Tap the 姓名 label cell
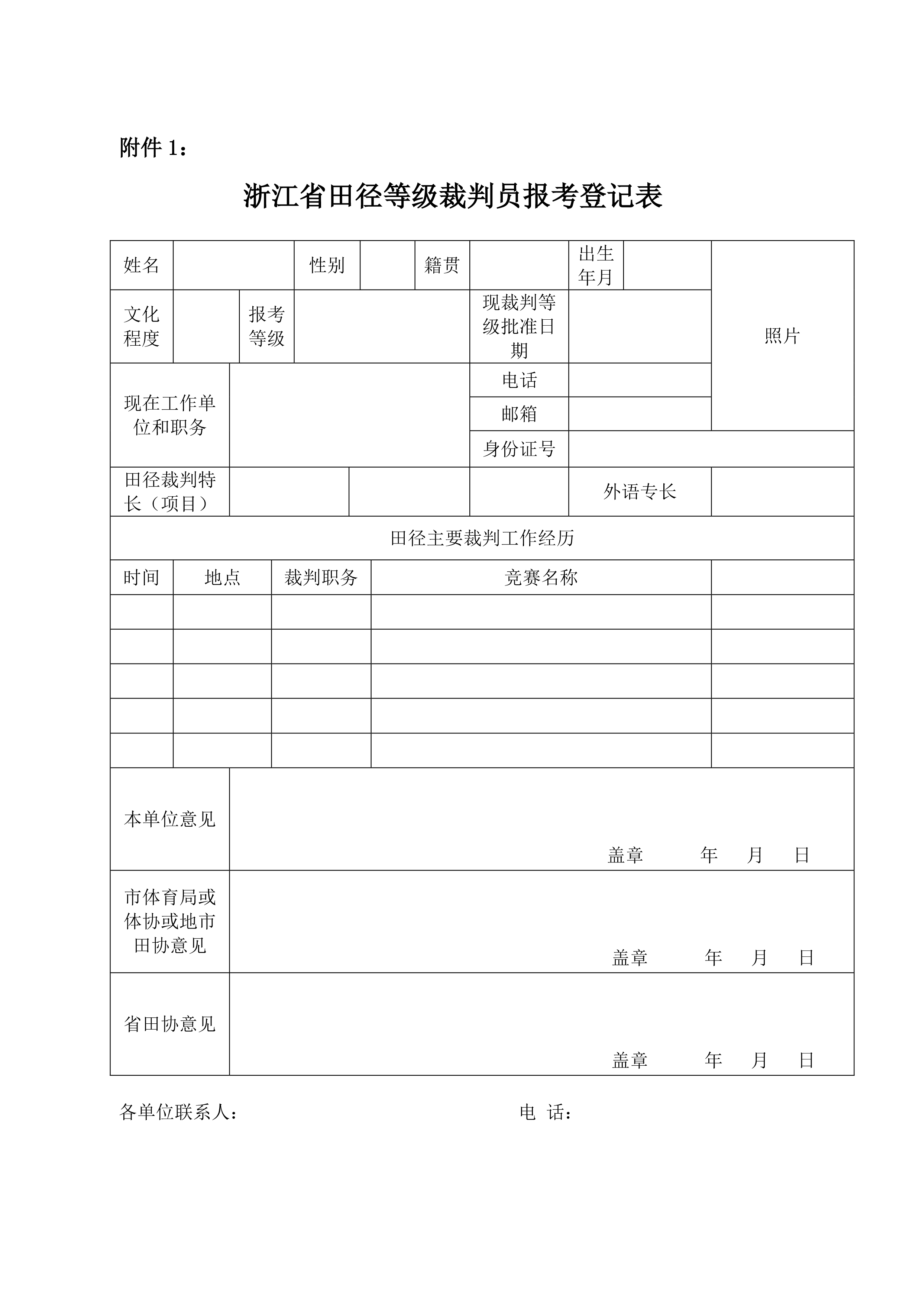point(141,265)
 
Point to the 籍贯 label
point(442,265)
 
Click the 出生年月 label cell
point(596,265)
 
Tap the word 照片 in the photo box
point(782,336)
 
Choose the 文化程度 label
point(141,327)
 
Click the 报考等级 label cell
point(266,327)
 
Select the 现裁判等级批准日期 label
point(519,327)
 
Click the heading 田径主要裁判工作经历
point(482,538)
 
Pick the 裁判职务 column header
point(321,578)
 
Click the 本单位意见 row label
point(170,819)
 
